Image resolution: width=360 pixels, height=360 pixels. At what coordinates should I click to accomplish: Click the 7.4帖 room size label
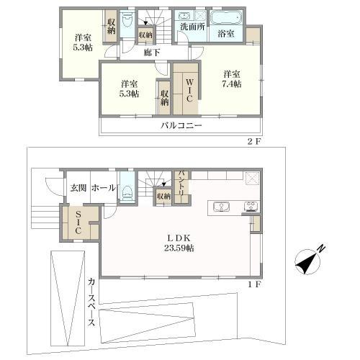click(x=231, y=84)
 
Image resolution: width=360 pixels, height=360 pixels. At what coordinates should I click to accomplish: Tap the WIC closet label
click(x=186, y=92)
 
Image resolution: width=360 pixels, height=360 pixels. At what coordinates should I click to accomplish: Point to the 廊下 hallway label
click(x=151, y=52)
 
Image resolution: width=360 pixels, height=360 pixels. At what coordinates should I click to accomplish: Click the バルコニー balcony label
click(x=181, y=125)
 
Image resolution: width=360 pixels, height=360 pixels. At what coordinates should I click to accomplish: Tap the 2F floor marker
click(x=253, y=142)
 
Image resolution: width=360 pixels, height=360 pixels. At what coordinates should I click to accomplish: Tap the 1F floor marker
click(x=253, y=285)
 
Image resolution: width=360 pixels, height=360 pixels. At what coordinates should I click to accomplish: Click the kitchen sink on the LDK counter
click(x=222, y=207)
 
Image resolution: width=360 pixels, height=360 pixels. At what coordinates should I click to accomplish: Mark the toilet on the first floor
click(x=127, y=191)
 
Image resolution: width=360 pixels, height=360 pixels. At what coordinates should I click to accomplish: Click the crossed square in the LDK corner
click(x=251, y=179)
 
